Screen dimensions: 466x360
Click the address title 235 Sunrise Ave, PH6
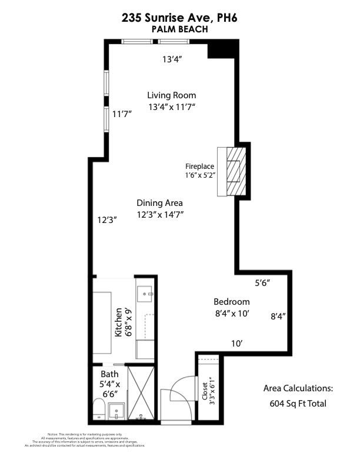[x=180, y=18]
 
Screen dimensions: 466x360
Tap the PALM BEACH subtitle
[x=180, y=28]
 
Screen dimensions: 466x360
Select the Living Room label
[x=171, y=95]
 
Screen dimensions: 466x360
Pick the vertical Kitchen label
[x=119, y=322]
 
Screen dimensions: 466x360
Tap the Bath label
[x=109, y=374]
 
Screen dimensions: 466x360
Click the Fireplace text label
[x=200, y=167]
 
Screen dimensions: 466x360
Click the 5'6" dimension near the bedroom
[x=262, y=283]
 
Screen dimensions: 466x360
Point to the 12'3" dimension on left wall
[x=108, y=220]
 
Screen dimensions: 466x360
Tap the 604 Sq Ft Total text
[x=298, y=404]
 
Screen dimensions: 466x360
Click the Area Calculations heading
[x=298, y=388]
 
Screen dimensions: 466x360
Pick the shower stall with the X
[x=141, y=392]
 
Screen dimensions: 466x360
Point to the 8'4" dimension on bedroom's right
[x=278, y=316]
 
